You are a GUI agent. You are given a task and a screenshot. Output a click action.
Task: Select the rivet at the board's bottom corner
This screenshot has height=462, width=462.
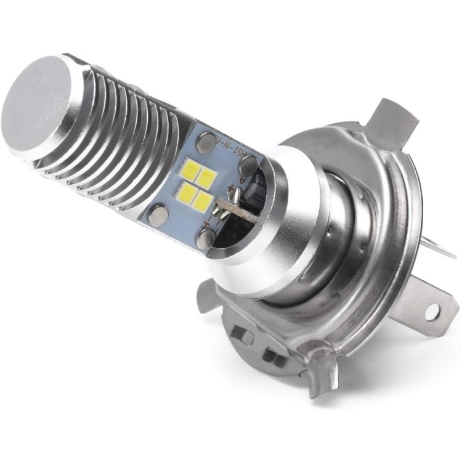pos(206,238)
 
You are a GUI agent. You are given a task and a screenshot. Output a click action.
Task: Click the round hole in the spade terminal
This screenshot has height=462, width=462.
pos(432,312)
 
